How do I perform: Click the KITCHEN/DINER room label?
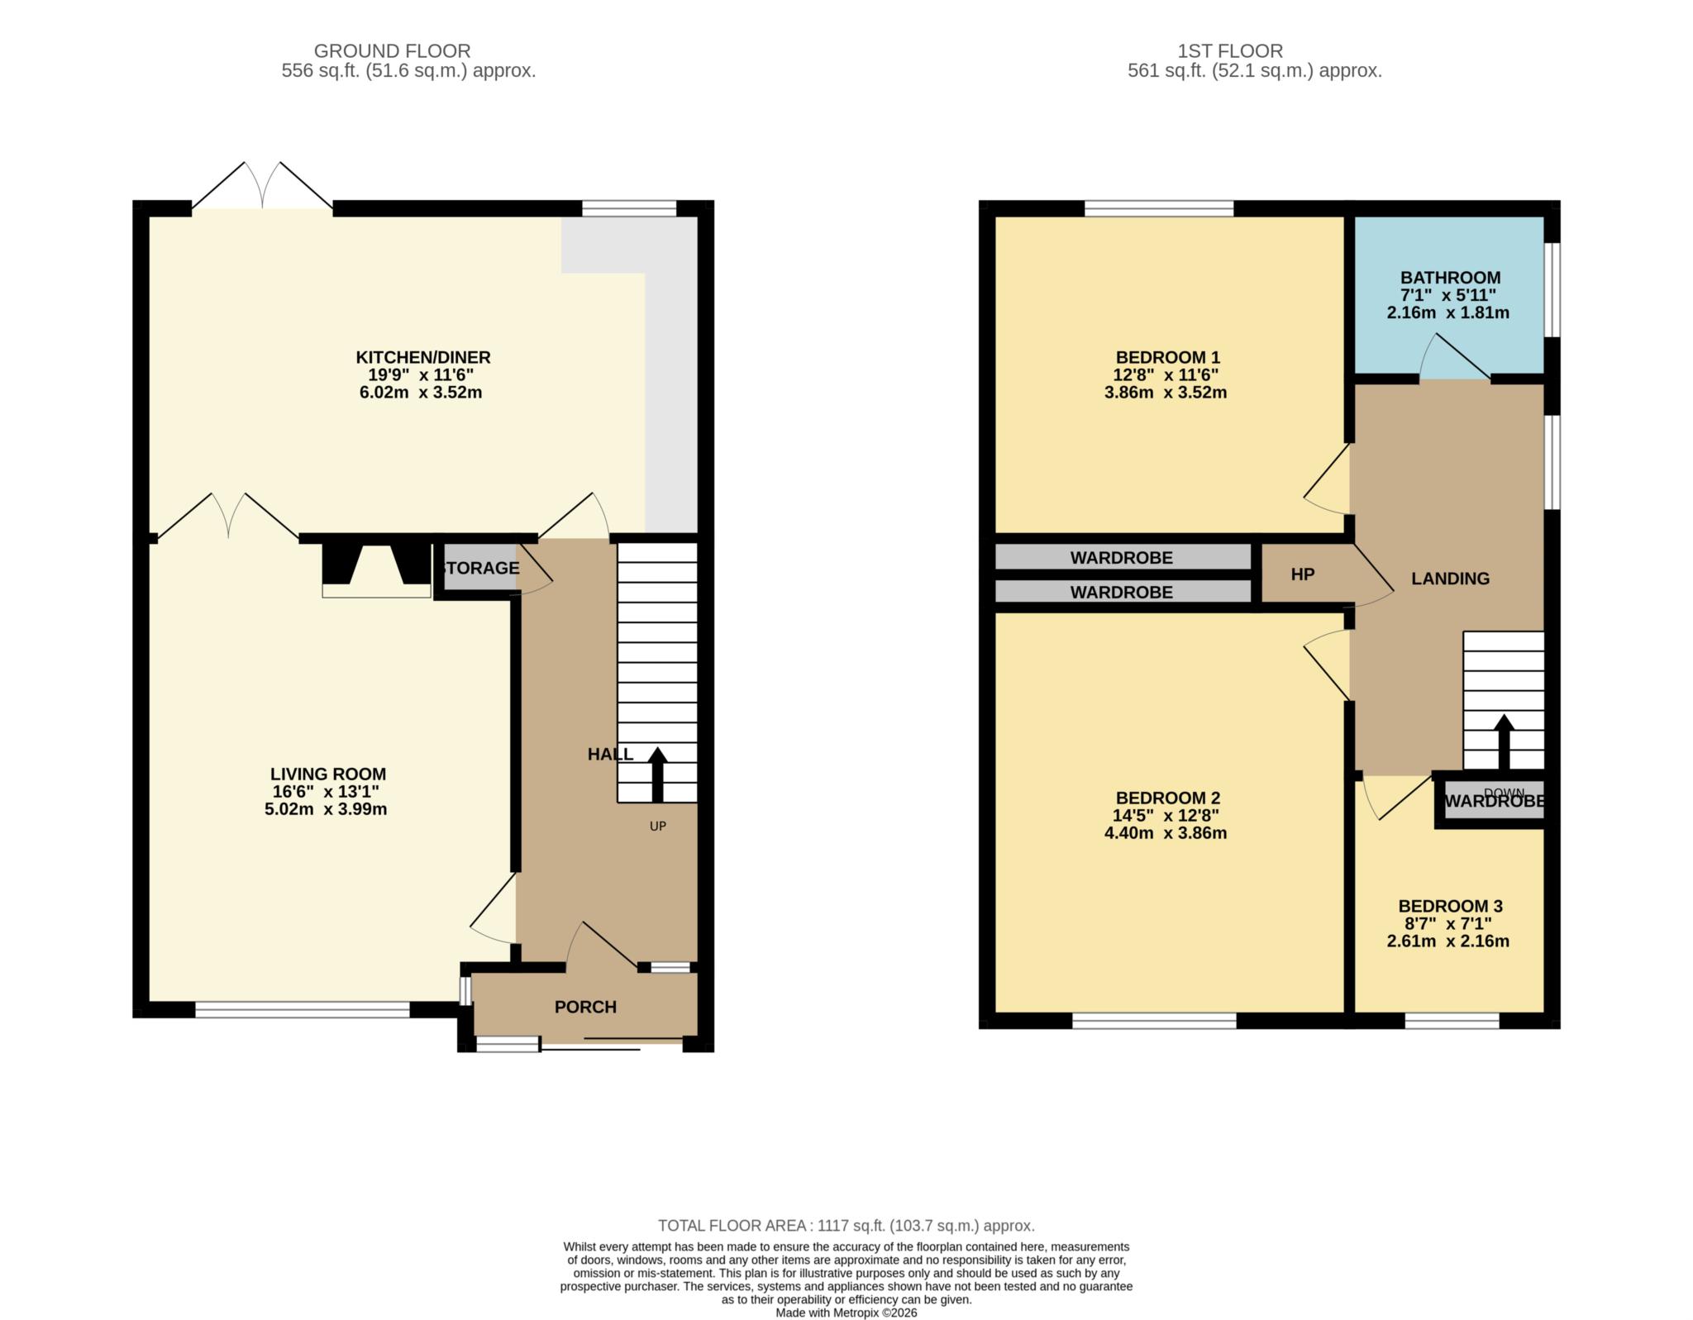coord(422,357)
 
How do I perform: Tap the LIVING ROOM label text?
coord(328,774)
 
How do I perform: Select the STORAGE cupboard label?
coord(480,568)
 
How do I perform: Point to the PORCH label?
coord(585,1007)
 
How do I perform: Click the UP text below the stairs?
coord(657,826)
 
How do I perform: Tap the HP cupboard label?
coord(1302,574)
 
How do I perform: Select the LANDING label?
coord(1450,579)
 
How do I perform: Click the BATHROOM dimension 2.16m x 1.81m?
coord(1447,313)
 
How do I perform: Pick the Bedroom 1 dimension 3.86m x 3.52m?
coord(1165,393)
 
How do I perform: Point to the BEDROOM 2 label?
coord(1167,798)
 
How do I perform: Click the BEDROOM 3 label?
coord(1450,906)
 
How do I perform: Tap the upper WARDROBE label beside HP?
coord(1121,558)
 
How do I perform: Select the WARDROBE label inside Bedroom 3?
coord(1494,801)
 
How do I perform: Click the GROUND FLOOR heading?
coord(392,51)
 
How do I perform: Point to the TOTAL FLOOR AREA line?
coord(846,1226)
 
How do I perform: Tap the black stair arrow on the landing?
coord(1503,741)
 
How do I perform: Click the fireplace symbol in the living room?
coord(376,570)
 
